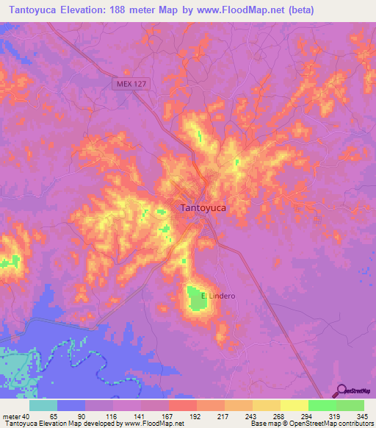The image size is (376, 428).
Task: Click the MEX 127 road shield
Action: tap(131, 85)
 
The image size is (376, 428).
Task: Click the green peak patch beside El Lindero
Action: tap(195, 299)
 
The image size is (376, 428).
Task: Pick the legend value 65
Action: tap(54, 416)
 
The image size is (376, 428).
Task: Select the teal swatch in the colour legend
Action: tap(43, 405)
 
